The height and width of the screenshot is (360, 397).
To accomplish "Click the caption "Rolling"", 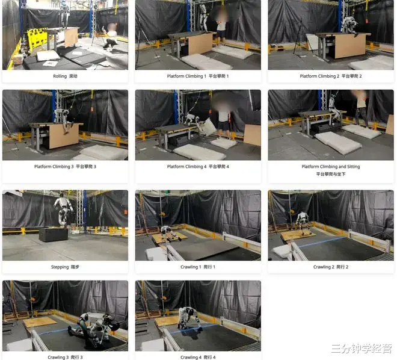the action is pos(60,76).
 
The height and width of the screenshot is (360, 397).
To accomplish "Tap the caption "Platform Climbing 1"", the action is pos(186,76).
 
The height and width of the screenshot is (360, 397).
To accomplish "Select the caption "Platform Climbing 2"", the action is pos(319,76).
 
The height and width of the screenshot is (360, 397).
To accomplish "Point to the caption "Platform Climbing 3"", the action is pos(54,166).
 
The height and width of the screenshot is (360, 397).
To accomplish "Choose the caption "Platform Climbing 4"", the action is pos(187,166).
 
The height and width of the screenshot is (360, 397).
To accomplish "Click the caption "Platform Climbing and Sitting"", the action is pos(331,166).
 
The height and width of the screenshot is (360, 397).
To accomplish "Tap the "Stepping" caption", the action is pos(60,267).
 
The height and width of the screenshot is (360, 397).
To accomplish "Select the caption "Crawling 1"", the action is pos(191,267).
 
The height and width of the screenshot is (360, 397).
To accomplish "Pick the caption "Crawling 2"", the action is pos(324,267).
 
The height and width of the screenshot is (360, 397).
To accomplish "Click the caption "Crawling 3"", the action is pos(58,357).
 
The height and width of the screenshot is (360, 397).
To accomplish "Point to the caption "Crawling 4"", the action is pos(191,357).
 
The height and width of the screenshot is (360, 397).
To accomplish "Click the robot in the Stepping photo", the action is pos(63,209).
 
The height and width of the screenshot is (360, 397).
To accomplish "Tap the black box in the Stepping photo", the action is pos(53,234).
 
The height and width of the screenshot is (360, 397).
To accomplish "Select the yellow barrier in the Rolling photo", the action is pos(37,39).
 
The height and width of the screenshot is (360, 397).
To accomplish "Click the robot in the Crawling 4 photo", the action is pos(189,318).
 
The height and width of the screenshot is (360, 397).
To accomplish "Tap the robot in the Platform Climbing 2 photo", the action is pos(350,25).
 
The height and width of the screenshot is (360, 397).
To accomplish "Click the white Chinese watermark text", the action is pos(362,349).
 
